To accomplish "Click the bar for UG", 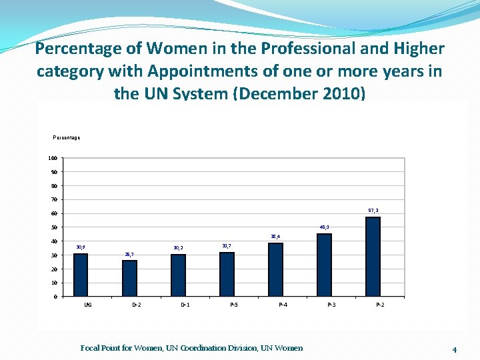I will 81,275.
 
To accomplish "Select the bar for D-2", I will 129,278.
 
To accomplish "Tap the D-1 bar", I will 178,275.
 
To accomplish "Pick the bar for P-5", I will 227,274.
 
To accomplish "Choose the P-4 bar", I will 275,269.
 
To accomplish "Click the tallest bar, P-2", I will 373,257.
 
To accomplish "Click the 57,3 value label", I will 373,210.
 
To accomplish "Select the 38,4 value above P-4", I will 275,236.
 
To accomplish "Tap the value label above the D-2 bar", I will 129,254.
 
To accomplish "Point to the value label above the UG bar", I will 81,247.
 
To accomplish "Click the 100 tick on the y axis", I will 52,158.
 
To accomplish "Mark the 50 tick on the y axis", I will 53,227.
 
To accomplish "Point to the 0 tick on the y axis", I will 55,297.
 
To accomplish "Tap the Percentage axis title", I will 67,137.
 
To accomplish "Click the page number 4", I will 454,349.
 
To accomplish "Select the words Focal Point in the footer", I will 101,347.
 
